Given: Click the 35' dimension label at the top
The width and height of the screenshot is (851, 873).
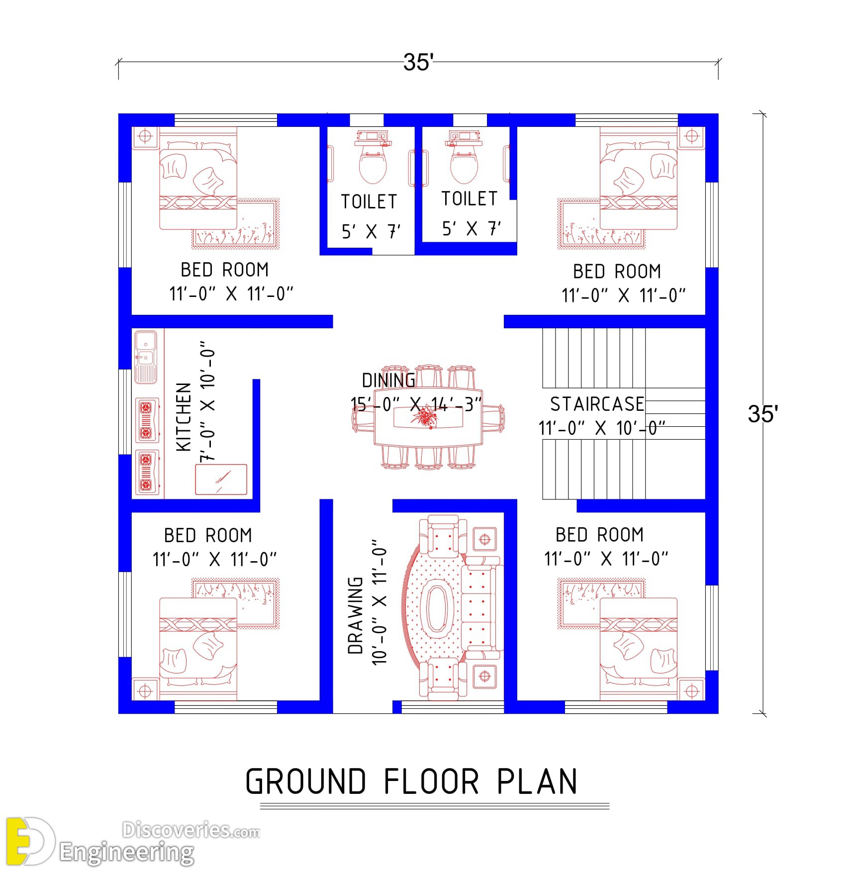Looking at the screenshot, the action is coord(418,62).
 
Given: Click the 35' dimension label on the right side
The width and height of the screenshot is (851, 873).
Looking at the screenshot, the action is coord(762,414).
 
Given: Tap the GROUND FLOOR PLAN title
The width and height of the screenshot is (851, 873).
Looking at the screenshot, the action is coord(411,781).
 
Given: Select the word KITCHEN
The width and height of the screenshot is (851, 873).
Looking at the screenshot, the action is coord(184,417).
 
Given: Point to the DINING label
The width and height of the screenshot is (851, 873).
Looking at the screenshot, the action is coord(388,381).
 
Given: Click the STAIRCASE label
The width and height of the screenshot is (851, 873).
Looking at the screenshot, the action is coord(597,404).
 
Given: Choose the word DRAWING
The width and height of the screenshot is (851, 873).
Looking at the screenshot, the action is coord(355,615).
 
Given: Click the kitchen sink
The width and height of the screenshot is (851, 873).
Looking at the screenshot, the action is coord(146,357).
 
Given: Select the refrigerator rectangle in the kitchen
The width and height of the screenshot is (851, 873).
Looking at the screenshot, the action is coord(221,480).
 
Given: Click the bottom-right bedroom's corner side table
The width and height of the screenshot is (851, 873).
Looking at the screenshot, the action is coord(692,691).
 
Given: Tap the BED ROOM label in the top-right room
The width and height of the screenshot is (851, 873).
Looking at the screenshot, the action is coord(617,272).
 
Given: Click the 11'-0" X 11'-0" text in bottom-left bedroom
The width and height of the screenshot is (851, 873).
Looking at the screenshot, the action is coord(214,560).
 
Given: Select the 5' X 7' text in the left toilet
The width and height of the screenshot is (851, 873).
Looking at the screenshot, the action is coord(371,231).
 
